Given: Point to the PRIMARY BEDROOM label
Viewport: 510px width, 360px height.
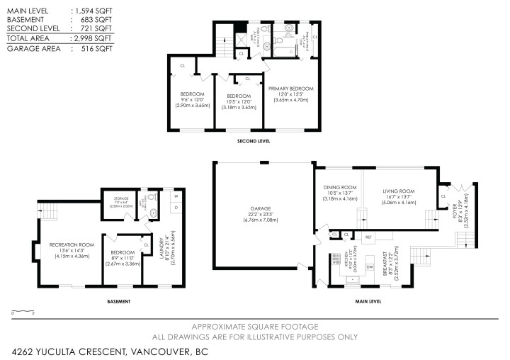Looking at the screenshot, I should (x=290, y=89).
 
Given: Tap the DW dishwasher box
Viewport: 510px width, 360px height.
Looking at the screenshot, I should (x=369, y=266).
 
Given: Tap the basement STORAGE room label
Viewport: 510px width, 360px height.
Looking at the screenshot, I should (x=117, y=199).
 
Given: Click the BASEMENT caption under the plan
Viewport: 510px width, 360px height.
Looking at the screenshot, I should (x=119, y=301).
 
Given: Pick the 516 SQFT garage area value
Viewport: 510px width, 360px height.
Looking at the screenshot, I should (x=93, y=48).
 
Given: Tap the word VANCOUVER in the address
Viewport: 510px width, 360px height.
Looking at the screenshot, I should (x=155, y=350).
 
